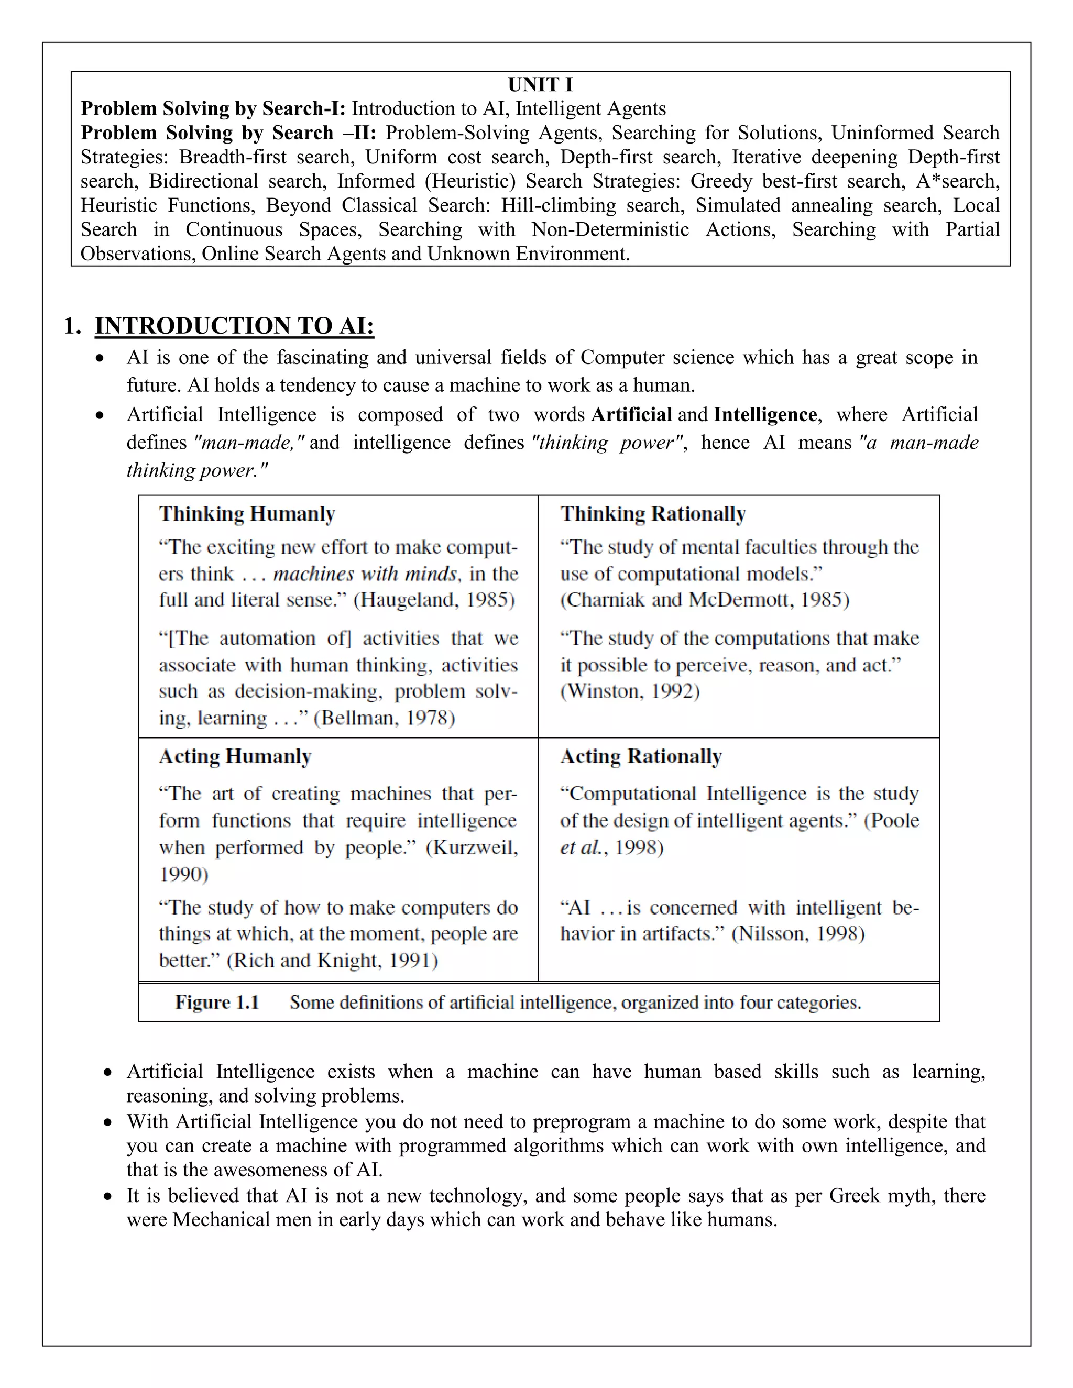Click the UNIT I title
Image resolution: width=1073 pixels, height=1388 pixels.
(x=540, y=84)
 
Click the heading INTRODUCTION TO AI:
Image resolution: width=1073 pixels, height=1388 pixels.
(x=234, y=326)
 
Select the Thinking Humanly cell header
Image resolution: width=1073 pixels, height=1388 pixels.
(x=247, y=513)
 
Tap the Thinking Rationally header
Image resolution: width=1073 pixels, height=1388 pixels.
(x=653, y=513)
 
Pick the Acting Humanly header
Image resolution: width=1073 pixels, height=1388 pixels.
(x=235, y=756)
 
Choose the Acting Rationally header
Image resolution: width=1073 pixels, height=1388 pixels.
(x=641, y=756)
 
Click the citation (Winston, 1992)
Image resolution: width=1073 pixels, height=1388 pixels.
(x=630, y=691)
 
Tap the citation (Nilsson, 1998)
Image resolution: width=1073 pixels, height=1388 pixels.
(x=798, y=933)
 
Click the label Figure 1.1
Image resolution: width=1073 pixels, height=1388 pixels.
(x=217, y=1002)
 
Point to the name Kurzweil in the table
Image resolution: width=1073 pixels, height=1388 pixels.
(x=470, y=848)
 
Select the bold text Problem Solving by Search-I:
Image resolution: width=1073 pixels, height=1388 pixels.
(x=213, y=108)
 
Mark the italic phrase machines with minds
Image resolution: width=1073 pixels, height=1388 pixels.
(x=365, y=574)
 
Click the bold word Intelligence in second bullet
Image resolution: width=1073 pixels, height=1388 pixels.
(x=765, y=415)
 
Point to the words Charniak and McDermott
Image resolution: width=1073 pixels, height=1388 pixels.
(x=677, y=600)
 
